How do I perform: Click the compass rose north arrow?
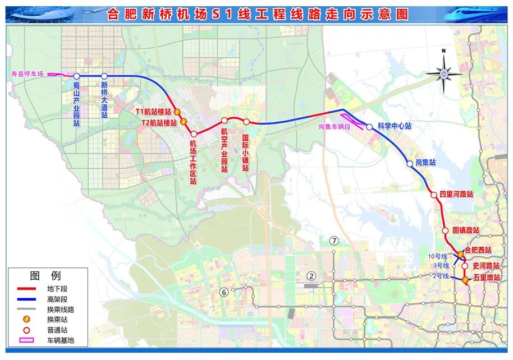pyautogui.click(x=444, y=72)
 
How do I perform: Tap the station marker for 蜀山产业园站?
pyautogui.click(x=77, y=76)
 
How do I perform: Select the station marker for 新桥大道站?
pyautogui.click(x=104, y=76)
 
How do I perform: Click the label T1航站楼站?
pyautogui.click(x=153, y=112)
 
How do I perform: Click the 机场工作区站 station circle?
pyautogui.click(x=193, y=134)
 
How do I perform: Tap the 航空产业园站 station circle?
pyautogui.click(x=224, y=121)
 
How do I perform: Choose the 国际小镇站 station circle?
pyautogui.click(x=246, y=122)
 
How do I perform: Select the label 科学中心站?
pyautogui.click(x=394, y=127)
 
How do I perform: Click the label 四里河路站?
pyautogui.click(x=456, y=195)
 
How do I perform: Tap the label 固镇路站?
pyautogui.click(x=466, y=230)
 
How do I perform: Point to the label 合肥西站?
pyautogui.click(x=478, y=250)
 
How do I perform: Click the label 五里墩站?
pyautogui.click(x=486, y=277)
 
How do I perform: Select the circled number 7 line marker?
pyautogui.click(x=335, y=241)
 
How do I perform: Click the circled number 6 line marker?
pyautogui.click(x=224, y=291)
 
